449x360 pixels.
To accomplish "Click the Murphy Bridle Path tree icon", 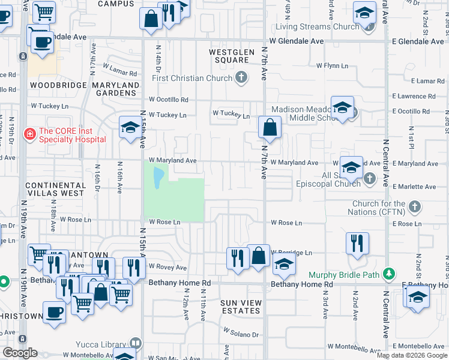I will click(x=390, y=275).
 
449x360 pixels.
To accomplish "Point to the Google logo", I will click(x=20, y=353).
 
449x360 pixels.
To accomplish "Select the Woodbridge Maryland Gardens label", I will click(x=85, y=89).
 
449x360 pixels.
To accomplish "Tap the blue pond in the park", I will click(x=158, y=178).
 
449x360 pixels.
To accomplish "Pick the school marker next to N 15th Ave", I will click(x=129, y=127).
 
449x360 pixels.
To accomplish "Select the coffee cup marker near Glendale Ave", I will click(x=41, y=42).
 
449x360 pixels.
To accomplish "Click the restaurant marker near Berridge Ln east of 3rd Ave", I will click(x=357, y=243).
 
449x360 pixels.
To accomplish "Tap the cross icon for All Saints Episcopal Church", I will click(x=370, y=178).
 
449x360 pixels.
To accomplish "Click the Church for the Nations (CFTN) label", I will click(x=378, y=208).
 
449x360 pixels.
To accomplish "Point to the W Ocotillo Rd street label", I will click(x=169, y=100).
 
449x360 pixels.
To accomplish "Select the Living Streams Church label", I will click(x=317, y=26).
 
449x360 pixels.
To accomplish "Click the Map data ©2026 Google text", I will click(x=411, y=355).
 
